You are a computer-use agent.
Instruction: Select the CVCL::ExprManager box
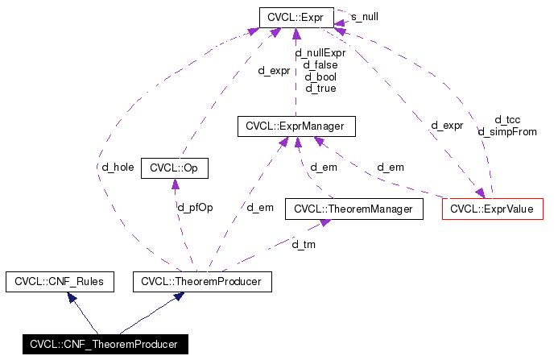coord(296,126)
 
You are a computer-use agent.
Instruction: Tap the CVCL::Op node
coord(174,168)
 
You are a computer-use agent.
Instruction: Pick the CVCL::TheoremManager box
coord(353,209)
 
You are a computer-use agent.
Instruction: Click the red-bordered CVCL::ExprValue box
coord(493,209)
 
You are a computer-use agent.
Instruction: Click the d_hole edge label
coord(113,167)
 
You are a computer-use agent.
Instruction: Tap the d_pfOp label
coord(195,207)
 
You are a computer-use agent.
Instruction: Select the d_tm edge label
coord(303,244)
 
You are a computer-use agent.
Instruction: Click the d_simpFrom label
coord(507,131)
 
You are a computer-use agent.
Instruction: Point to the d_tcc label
coord(507,120)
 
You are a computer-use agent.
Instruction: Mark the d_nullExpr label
coord(320,52)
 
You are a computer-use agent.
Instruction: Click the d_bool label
coord(320,76)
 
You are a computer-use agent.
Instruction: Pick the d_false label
coord(320,64)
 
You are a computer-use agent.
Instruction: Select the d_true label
coord(320,87)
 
